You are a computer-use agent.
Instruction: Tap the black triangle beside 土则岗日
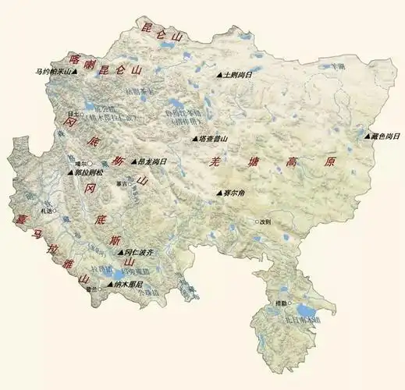pyautogui.click(x=219, y=76)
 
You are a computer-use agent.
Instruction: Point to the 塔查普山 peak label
pyautogui.click(x=213, y=139)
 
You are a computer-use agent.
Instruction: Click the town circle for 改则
pyautogui.click(x=256, y=222)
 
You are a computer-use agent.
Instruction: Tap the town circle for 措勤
pyautogui.click(x=289, y=303)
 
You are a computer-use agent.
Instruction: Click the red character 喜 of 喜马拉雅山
pyautogui.click(x=12, y=219)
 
